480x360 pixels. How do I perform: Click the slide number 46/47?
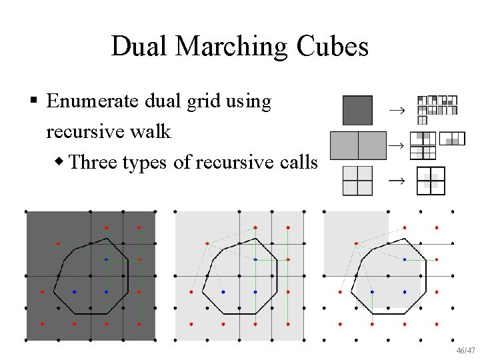[x=465, y=350]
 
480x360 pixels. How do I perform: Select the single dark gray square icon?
[x=357, y=111]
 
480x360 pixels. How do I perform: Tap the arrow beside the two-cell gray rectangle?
[x=396, y=145]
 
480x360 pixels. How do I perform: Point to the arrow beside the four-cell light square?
[x=396, y=180]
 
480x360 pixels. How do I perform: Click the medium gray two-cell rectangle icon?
[x=358, y=145]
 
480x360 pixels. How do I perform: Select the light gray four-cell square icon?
[x=357, y=180]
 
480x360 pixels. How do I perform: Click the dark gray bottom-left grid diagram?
[x=91, y=276]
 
